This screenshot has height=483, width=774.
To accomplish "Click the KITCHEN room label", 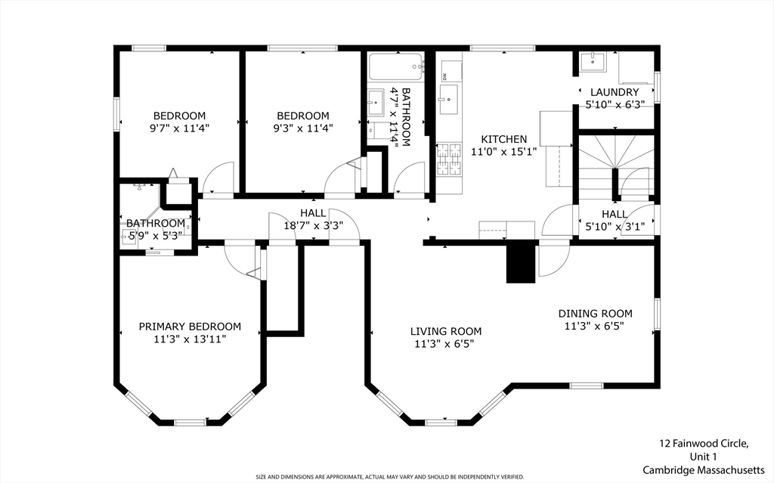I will [504, 139].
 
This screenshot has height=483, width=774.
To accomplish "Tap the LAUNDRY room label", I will [614, 92].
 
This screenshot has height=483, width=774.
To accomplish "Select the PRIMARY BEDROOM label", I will [190, 327].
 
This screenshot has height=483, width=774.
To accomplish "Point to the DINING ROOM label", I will [595, 314].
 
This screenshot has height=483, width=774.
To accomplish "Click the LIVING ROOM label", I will [445, 331].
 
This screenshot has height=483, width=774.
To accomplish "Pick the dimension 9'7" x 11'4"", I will [180, 128].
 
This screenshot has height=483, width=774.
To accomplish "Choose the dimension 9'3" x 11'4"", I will [302, 128].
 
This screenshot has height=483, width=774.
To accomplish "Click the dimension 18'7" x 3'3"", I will [313, 225].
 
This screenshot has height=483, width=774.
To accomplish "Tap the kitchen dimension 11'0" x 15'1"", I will [504, 151].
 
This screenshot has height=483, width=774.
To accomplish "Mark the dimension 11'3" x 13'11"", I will [190, 339].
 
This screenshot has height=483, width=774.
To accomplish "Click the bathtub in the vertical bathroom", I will [397, 67].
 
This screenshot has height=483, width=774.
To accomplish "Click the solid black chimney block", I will [520, 263].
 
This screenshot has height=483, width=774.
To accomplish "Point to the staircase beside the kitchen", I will [614, 163].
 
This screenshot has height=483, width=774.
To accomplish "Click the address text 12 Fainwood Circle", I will [703, 444].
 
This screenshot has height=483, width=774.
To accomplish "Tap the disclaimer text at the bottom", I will [389, 477].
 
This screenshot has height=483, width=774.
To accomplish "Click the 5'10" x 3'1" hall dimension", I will [615, 226].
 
